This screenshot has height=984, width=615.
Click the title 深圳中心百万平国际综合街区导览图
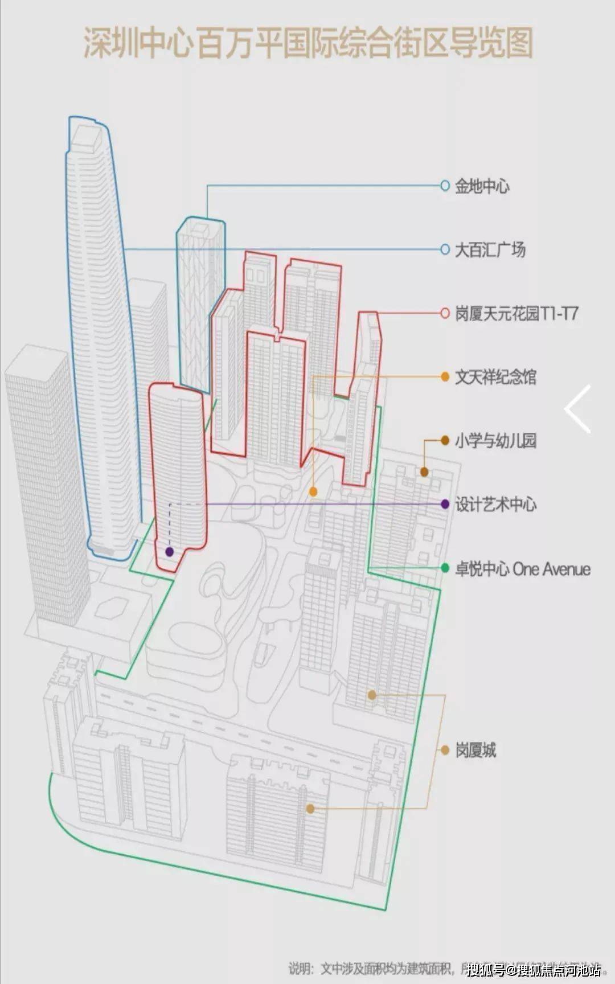[308, 43]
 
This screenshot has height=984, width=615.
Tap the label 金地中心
[482, 186]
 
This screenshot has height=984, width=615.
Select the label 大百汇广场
[490, 249]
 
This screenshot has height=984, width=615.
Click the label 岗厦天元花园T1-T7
[516, 313]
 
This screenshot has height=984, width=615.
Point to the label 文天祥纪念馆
[495, 377]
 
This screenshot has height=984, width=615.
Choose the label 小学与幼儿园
[495, 441]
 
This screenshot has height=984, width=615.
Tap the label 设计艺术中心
[495, 505]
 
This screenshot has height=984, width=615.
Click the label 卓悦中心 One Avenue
[522, 569]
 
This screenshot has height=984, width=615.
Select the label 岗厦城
[475, 750]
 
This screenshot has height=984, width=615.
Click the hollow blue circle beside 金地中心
[445, 186]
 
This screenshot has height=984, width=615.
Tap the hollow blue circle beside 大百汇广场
[445, 249]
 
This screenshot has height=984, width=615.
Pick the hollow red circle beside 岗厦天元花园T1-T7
[445, 313]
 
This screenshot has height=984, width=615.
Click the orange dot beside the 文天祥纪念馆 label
[445, 377]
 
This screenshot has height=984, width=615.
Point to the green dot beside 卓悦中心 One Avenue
[445, 568]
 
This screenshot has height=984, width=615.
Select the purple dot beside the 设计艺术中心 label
[445, 505]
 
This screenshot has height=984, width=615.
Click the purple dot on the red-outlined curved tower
[169, 551]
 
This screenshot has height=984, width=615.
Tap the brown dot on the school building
[424, 472]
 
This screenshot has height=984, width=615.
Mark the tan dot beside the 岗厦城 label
[445, 750]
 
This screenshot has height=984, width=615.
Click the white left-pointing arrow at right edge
[577, 409]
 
